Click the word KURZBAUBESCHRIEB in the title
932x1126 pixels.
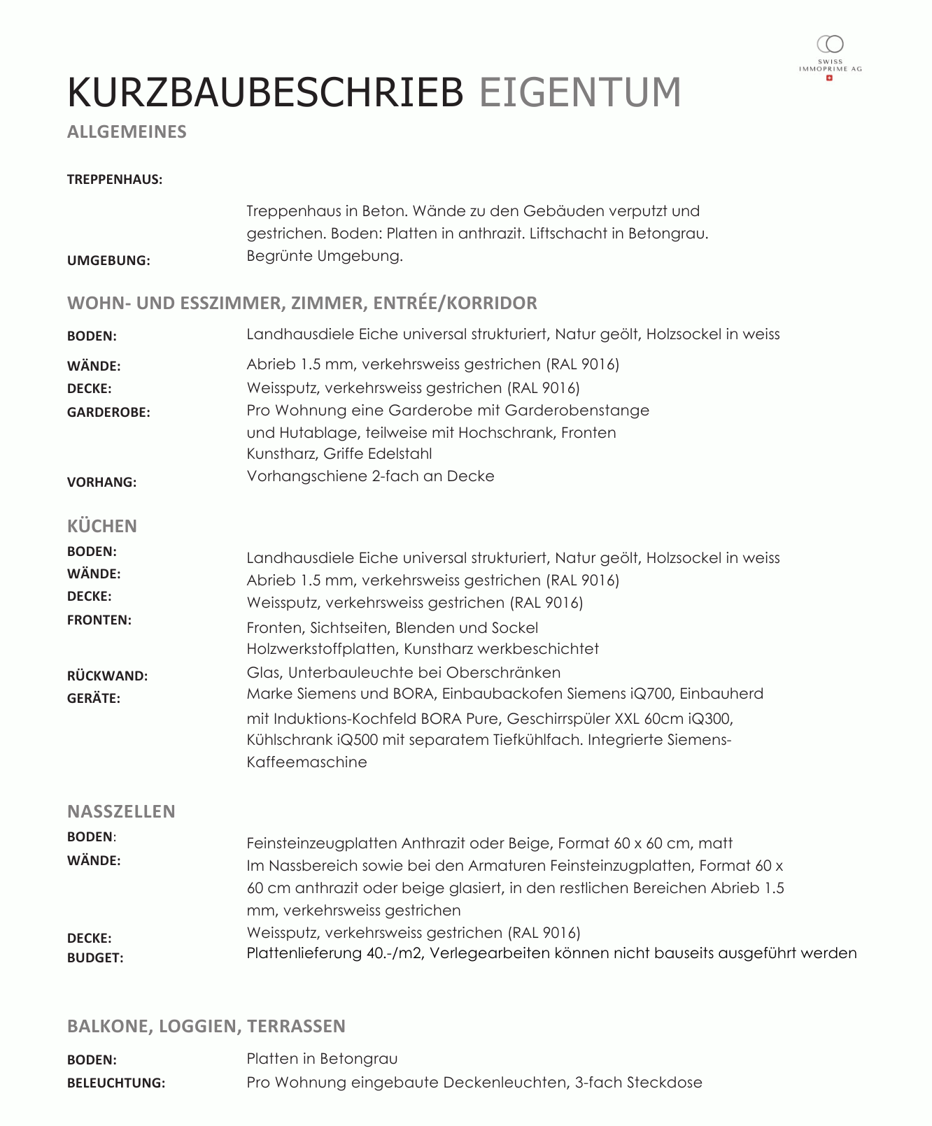(x=265, y=92)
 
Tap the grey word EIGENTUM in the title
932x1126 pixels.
(x=580, y=92)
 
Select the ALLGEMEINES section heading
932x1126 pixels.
(x=127, y=132)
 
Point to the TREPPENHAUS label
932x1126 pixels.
(x=114, y=180)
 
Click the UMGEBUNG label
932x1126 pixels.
(x=108, y=261)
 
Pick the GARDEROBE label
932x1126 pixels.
(x=108, y=413)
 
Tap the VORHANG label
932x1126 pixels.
(x=101, y=483)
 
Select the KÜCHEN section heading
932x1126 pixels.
(x=102, y=526)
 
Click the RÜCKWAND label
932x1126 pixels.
(x=107, y=676)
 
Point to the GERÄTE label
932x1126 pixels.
(x=94, y=699)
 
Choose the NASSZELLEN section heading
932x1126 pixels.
(x=121, y=811)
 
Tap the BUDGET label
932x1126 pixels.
(x=95, y=958)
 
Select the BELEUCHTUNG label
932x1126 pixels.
(x=116, y=1083)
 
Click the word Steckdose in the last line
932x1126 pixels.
(x=664, y=1083)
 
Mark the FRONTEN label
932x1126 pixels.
(x=99, y=620)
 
